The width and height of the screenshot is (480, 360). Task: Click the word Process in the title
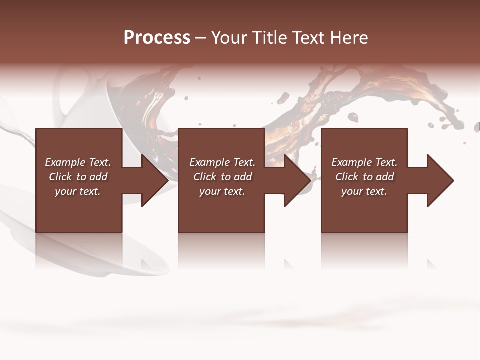[x=157, y=38]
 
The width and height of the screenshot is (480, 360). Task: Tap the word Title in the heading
[x=269, y=38]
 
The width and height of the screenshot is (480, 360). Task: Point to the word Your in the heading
[x=230, y=38]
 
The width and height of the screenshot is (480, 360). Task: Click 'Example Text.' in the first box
[x=78, y=162]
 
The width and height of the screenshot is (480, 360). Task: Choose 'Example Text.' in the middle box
[x=222, y=162]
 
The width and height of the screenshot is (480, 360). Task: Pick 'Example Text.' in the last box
[x=364, y=162]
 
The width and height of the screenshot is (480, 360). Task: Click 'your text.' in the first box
[x=78, y=191]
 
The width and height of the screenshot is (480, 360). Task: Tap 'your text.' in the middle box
[x=222, y=191]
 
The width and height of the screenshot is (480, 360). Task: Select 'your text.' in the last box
[x=364, y=191]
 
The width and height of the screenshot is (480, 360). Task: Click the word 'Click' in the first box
[x=61, y=177]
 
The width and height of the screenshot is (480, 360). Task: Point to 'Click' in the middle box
[x=205, y=177]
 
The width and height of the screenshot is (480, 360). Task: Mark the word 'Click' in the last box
[x=347, y=177]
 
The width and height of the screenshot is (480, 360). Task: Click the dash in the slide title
[x=201, y=38]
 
